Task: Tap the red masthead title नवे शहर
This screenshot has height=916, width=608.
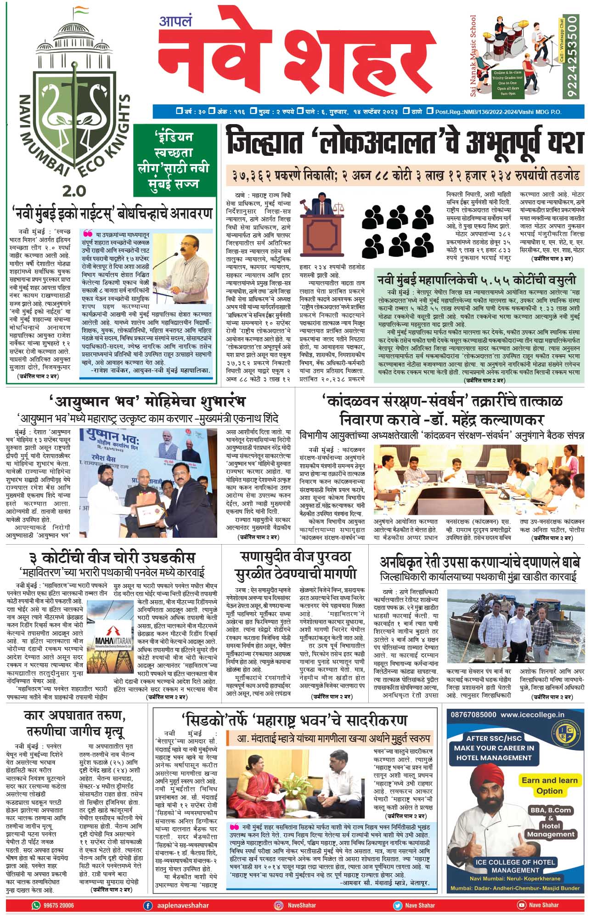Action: tap(294, 57)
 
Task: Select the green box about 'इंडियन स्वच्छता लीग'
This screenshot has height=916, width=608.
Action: tap(175, 160)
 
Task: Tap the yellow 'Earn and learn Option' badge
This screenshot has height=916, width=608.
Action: tap(549, 785)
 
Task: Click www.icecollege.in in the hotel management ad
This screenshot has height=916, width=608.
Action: tap(532, 715)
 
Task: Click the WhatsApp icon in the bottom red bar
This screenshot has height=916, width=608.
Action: tap(36, 905)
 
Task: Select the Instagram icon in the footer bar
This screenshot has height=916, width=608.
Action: tap(278, 905)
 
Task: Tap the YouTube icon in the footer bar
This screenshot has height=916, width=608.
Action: tap(521, 905)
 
